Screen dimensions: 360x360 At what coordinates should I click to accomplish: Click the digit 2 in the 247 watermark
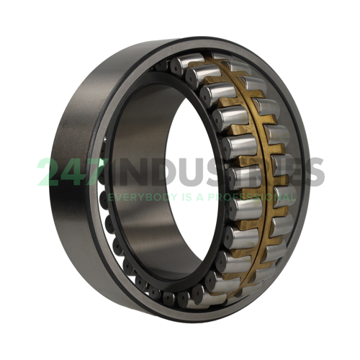click(50, 172)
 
